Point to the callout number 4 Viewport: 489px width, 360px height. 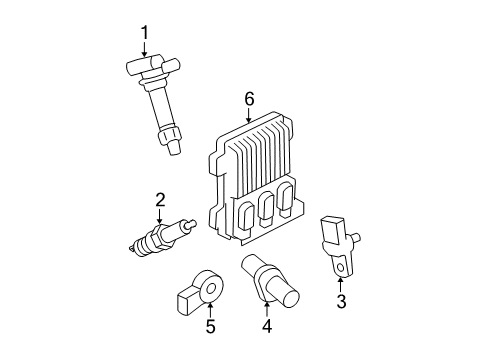pyautogui.click(x=267, y=326)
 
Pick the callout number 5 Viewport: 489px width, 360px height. pyautogui.click(x=210, y=326)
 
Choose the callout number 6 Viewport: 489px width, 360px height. pyautogui.click(x=249, y=98)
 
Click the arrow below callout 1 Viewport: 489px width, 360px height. pyautogui.click(x=144, y=54)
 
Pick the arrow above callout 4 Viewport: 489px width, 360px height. pyautogui.click(x=267, y=306)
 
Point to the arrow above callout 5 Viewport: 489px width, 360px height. pyautogui.click(x=210, y=307)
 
